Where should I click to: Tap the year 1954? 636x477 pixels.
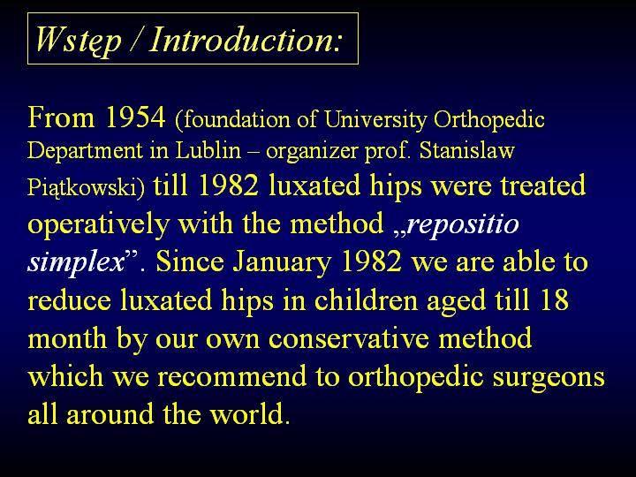[x=135, y=117]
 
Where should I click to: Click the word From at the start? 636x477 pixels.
[x=61, y=117]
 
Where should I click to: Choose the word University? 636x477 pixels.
[x=375, y=120]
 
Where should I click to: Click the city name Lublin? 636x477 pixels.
[x=208, y=150]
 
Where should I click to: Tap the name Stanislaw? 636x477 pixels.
[x=466, y=150]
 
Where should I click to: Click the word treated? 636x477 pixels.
[x=542, y=185]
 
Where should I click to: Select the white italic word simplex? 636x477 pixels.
[x=76, y=263]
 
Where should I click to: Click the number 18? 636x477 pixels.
[x=555, y=299]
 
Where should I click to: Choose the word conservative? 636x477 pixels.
[x=348, y=337]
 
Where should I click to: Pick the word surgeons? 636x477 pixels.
[x=549, y=378]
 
